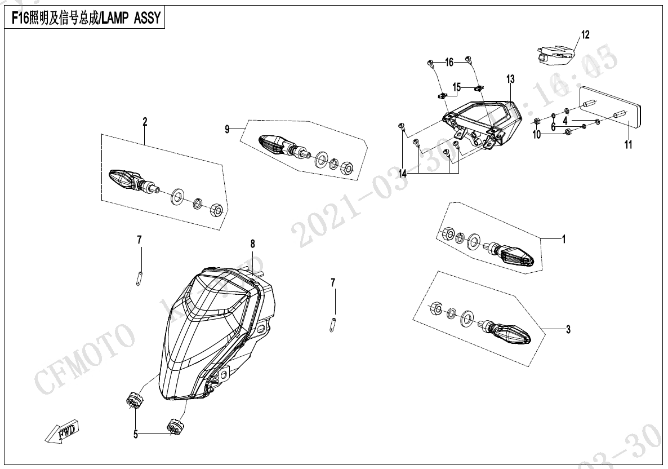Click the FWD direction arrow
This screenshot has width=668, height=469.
(x=63, y=430)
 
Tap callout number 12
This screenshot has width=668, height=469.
(x=585, y=36)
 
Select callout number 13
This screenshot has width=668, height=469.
(x=510, y=79)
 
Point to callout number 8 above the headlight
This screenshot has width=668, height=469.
(x=253, y=244)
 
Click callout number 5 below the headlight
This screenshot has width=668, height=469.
(x=135, y=435)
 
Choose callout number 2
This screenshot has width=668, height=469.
(x=145, y=121)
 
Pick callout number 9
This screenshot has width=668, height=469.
(x=228, y=130)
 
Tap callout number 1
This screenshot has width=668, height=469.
(x=564, y=239)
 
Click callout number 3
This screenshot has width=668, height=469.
(x=568, y=329)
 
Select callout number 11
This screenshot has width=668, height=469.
(x=628, y=145)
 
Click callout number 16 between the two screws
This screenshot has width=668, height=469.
(x=449, y=62)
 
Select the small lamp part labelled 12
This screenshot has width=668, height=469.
(x=555, y=53)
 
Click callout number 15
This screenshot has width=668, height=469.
(x=457, y=87)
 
